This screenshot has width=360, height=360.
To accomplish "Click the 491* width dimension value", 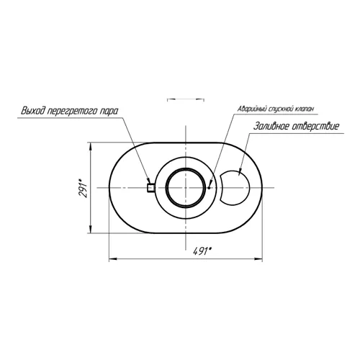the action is click(202, 252).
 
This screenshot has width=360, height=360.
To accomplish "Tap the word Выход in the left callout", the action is click(33, 111).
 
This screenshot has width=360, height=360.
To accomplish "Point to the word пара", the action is click(108, 112).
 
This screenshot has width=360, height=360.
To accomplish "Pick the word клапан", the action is click(304, 109).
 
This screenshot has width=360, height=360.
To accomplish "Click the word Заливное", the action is click(271, 126).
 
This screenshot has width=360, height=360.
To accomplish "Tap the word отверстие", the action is click(315, 126).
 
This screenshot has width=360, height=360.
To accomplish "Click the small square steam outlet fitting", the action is click(150, 188).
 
